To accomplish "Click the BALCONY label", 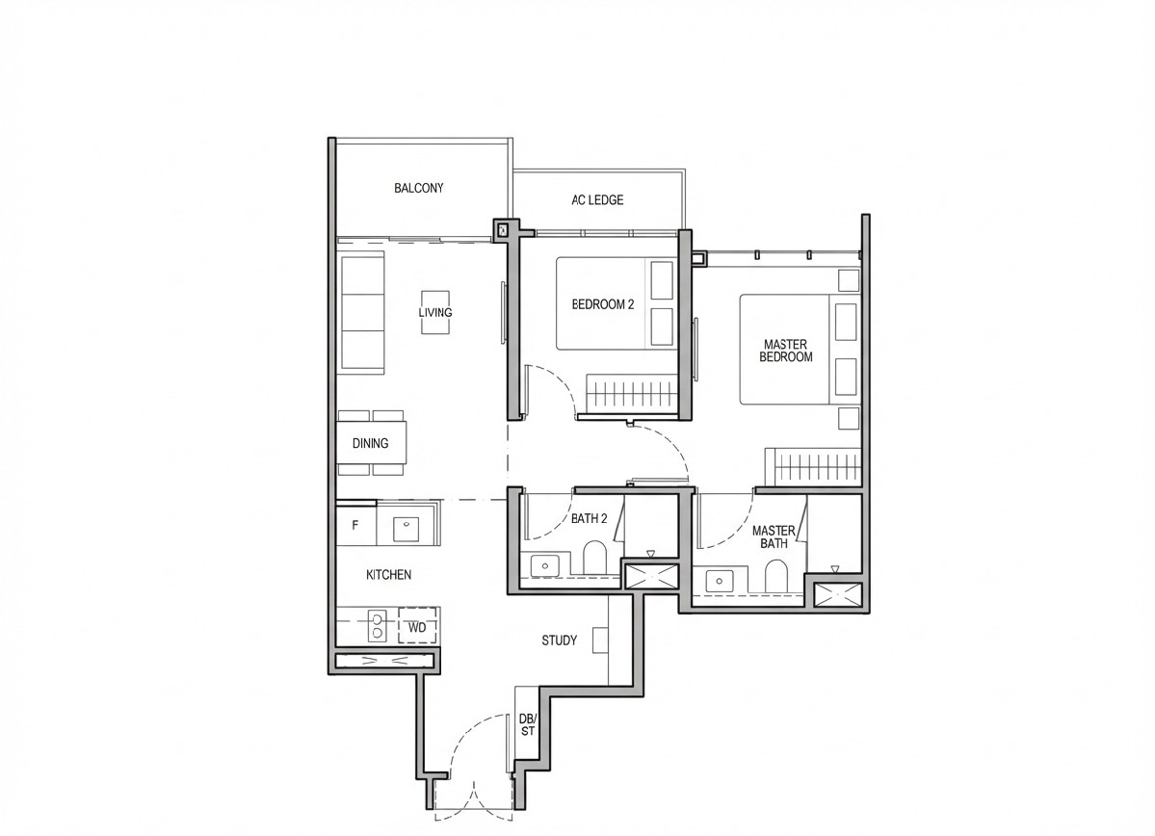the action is [x=418, y=188].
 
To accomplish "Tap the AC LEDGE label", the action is [x=597, y=199].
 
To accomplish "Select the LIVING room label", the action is [x=435, y=312].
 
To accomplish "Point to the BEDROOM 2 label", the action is [x=602, y=304].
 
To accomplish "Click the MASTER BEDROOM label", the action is [x=786, y=351].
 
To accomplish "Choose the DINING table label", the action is [x=370, y=443].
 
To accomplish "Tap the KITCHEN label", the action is [x=388, y=575].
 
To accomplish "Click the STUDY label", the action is [x=559, y=640].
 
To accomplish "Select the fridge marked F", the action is [x=356, y=526].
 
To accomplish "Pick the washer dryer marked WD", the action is [x=418, y=627].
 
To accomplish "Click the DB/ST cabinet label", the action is [x=528, y=725].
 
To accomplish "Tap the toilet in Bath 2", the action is [x=594, y=559].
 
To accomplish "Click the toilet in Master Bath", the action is [x=776, y=575].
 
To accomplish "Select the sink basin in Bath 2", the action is [x=545, y=565].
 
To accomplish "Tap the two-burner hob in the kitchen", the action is [x=377, y=625].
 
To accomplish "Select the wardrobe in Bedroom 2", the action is [x=631, y=394].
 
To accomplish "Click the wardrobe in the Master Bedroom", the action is [x=813, y=467].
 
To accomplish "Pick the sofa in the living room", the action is [x=361, y=312].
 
